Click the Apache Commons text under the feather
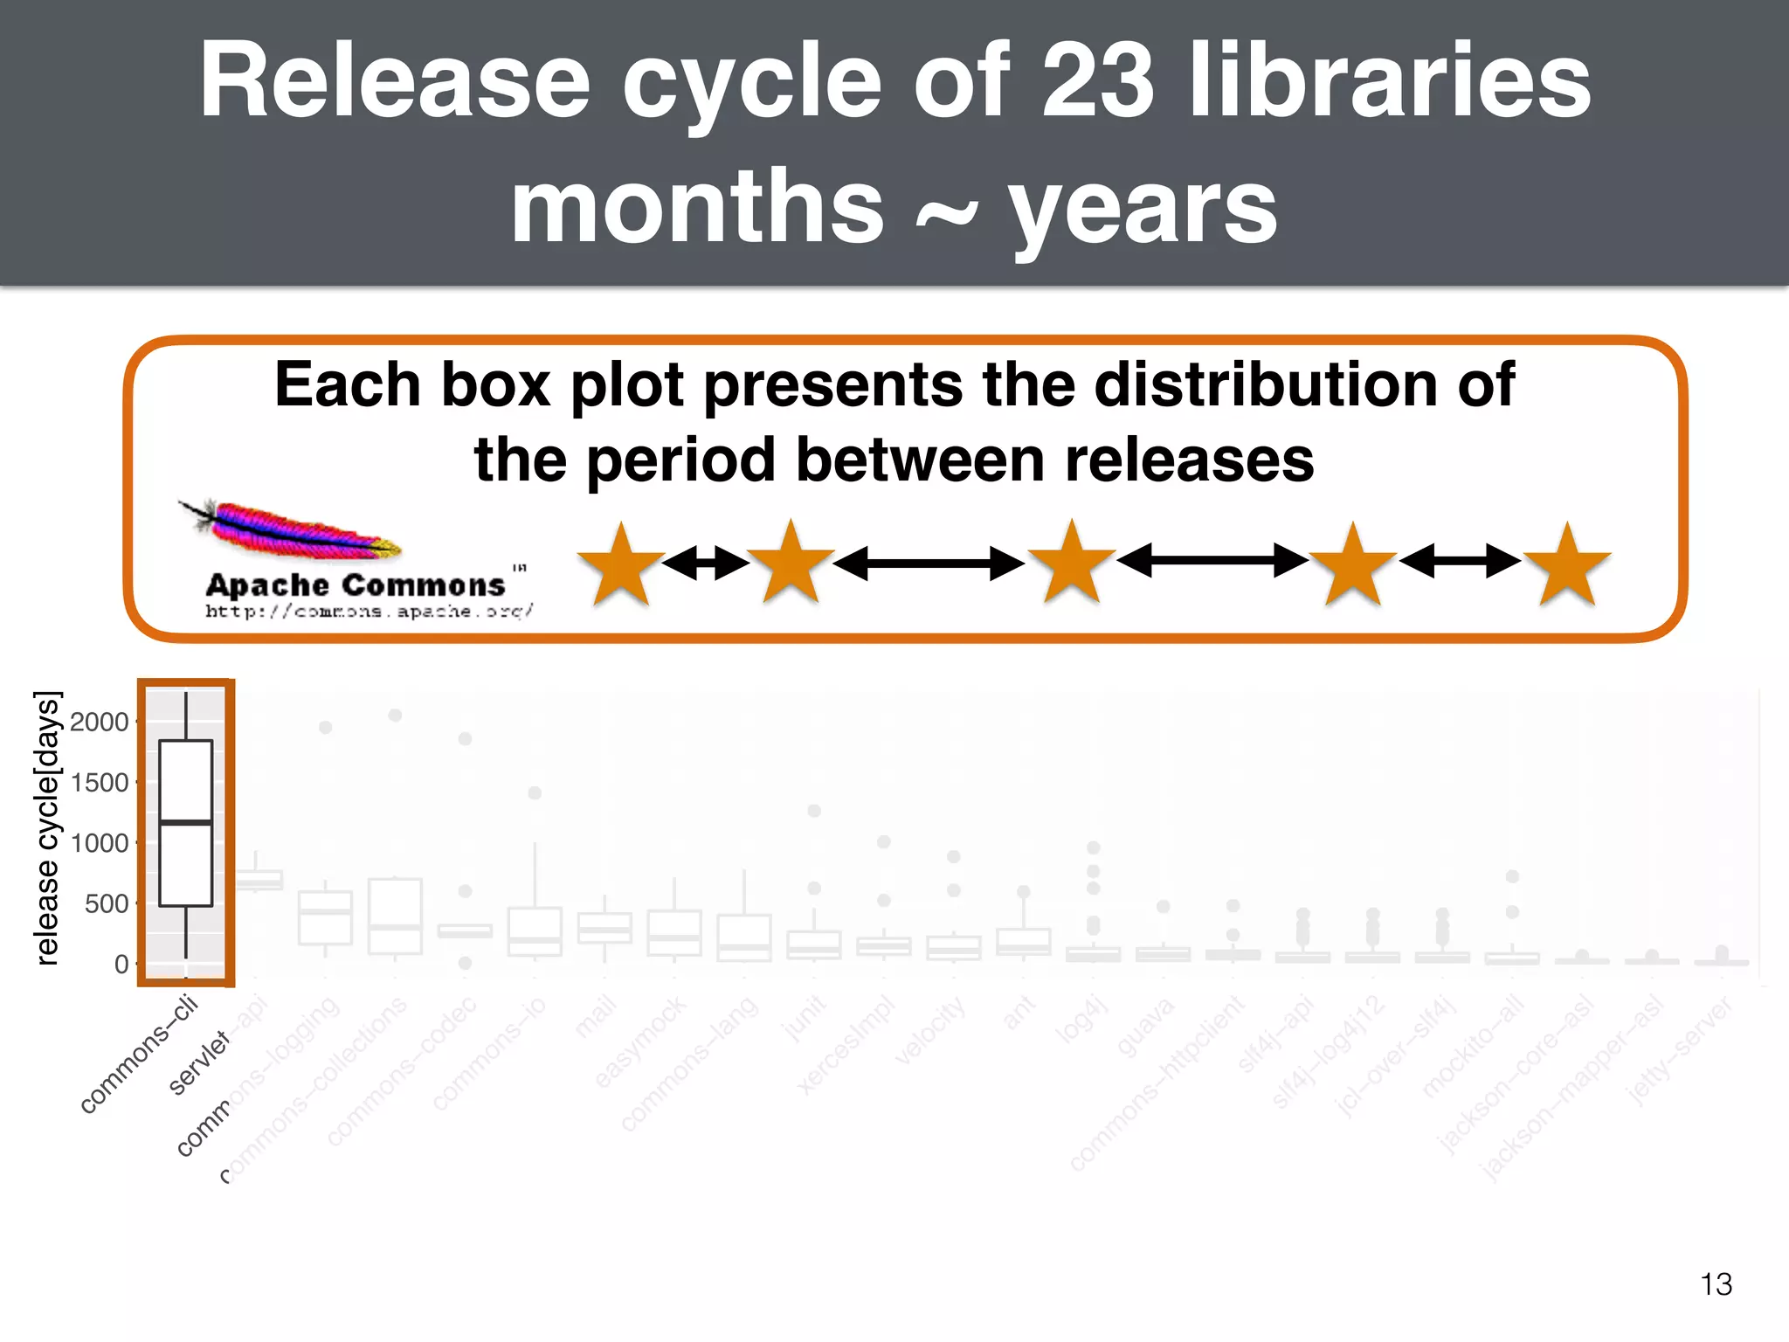point(356,585)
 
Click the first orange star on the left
point(620,564)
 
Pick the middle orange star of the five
point(1072,563)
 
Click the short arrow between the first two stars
point(705,563)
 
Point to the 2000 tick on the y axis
point(100,722)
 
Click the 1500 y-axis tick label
point(100,783)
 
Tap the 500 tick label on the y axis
point(107,903)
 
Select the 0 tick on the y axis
point(121,965)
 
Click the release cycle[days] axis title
point(47,827)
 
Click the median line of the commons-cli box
point(186,822)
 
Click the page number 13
point(1716,1284)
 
